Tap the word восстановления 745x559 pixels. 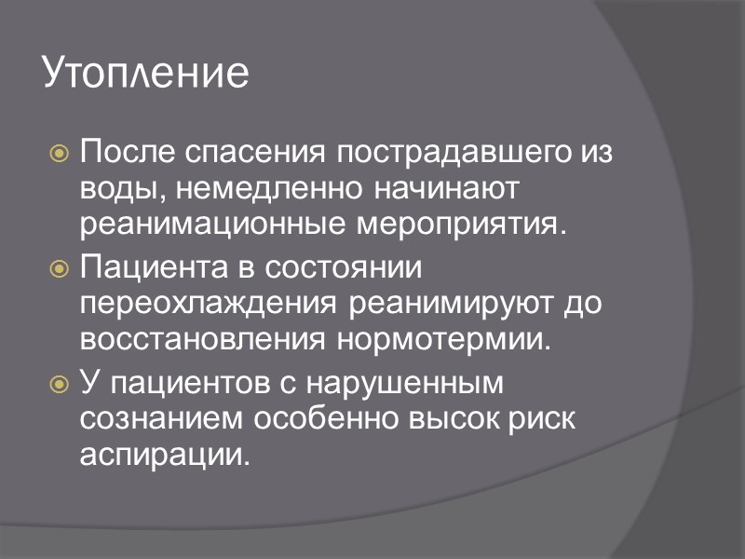(202, 340)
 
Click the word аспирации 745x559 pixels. (166, 456)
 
